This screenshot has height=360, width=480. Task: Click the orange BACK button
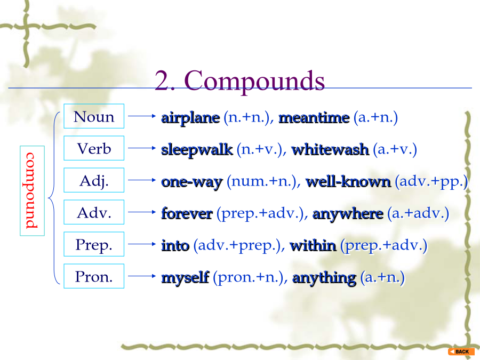(461, 351)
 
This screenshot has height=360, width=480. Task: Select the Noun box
(94, 116)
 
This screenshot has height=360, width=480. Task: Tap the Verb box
(94, 148)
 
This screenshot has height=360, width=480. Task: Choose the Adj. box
(94, 180)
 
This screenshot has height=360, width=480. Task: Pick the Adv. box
(94, 212)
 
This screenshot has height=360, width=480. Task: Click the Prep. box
(94, 244)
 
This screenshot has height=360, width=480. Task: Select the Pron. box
(94, 276)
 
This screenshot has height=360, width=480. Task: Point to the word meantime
(314, 118)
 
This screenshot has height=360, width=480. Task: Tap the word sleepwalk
(197, 150)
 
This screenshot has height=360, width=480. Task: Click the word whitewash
(330, 150)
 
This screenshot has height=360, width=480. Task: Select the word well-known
(348, 181)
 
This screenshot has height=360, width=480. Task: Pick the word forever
(187, 214)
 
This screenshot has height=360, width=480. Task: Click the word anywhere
(348, 214)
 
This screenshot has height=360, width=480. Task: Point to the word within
(313, 245)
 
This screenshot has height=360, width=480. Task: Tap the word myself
(185, 278)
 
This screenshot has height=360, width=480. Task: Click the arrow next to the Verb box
(142, 148)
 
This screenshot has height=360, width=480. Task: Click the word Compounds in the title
(255, 81)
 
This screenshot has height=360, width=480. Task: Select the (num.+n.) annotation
(263, 181)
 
